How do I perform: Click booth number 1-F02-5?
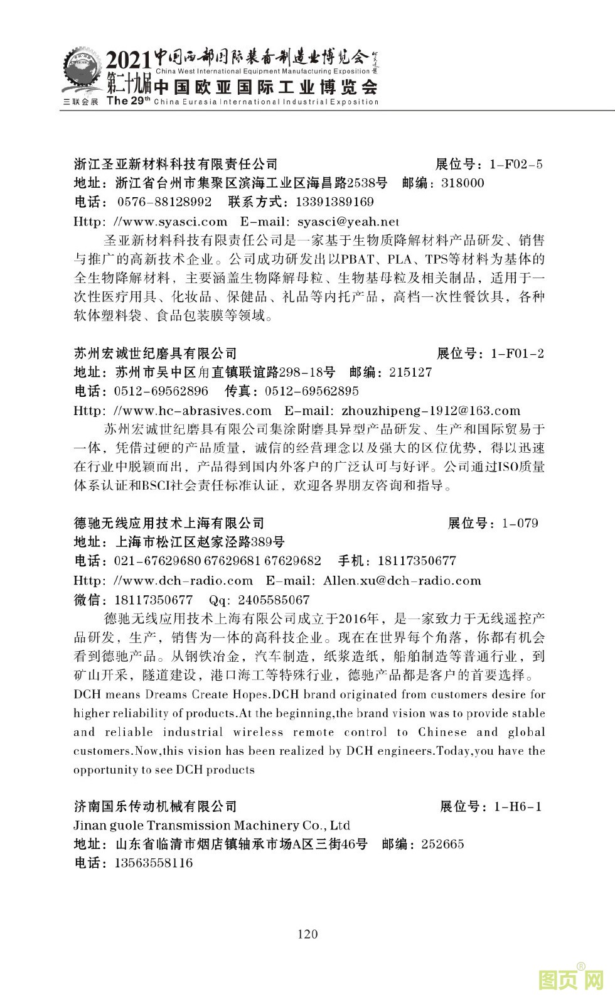[515, 165]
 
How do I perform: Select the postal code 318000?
[463, 183]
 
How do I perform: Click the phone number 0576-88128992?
[164, 202]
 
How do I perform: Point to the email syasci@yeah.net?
[348, 222]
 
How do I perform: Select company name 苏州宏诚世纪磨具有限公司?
[156, 354]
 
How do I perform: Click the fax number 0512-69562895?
[312, 391]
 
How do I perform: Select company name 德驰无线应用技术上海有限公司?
[169, 523]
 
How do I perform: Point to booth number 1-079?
[520, 523]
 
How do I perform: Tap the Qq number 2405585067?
[274, 600]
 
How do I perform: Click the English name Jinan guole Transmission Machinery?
[212, 825]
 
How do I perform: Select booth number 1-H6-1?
[518, 806]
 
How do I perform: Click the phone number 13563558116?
[154, 863]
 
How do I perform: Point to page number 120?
[307, 934]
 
